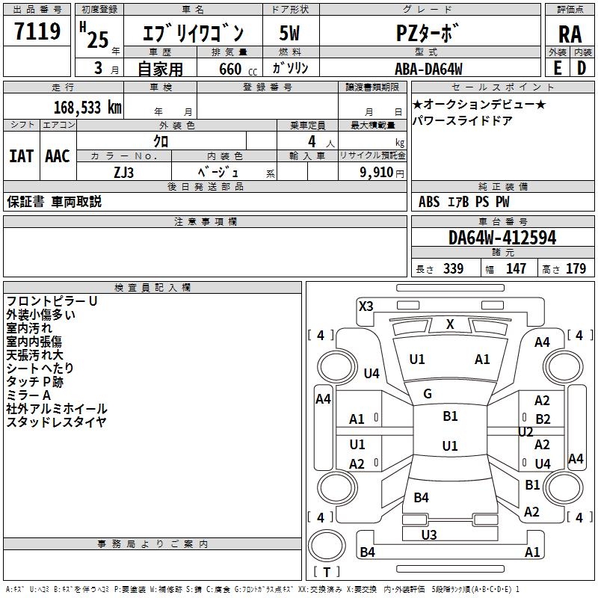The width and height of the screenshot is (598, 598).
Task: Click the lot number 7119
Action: tap(37, 31)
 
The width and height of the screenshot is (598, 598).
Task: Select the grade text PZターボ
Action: tap(427, 33)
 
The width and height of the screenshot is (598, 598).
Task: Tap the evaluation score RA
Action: tap(570, 34)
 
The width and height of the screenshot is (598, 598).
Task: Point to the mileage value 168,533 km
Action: tap(87, 108)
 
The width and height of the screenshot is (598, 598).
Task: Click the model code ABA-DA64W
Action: tap(428, 69)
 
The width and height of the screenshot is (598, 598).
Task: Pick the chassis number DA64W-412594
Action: tap(502, 238)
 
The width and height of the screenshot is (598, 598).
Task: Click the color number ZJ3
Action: tap(123, 173)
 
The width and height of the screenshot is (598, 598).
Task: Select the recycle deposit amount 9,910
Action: tap(377, 172)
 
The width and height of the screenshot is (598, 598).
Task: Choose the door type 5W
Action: tap(289, 33)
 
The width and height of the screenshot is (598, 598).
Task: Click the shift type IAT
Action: tap(21, 156)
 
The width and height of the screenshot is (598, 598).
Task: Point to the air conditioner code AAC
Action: tap(58, 156)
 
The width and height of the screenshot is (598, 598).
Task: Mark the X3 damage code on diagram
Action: tap(366, 306)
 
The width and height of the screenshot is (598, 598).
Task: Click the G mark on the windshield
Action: tap(428, 394)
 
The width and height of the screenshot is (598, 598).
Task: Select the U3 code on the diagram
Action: tap(428, 534)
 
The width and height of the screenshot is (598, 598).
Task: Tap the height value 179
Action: tap(576, 268)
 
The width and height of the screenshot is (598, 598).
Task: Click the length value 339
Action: tap(454, 268)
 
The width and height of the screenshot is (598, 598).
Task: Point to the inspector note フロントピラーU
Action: tap(52, 301)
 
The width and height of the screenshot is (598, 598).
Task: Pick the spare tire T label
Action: tap(327, 572)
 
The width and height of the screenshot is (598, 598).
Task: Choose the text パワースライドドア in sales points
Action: tap(462, 120)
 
